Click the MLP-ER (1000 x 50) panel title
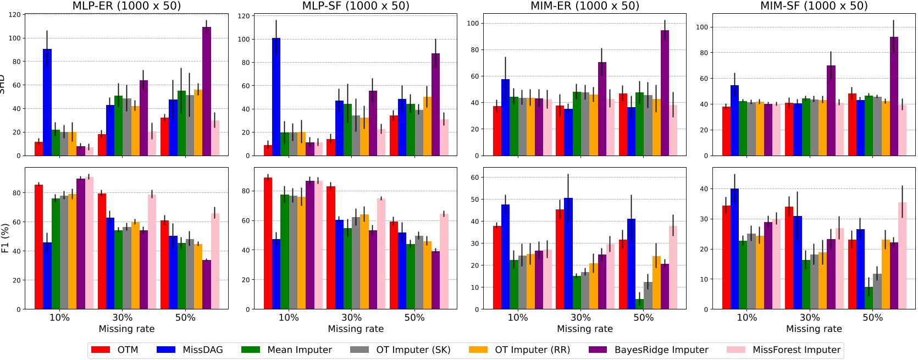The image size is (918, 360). click(126, 6)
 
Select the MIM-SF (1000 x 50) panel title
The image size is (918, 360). click(814, 6)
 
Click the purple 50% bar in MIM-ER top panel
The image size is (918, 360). click(665, 93)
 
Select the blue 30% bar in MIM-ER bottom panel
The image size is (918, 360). click(568, 253)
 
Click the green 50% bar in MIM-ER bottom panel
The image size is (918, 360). click(639, 304)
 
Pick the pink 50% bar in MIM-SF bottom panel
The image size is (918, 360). click(902, 256)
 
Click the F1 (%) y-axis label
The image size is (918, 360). click(5, 238)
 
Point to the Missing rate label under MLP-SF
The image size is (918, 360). click(356, 329)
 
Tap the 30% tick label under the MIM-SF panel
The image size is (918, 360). click(810, 318)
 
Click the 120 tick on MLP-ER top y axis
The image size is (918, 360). click(15, 15)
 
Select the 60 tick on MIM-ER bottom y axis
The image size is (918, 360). click(474, 178)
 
